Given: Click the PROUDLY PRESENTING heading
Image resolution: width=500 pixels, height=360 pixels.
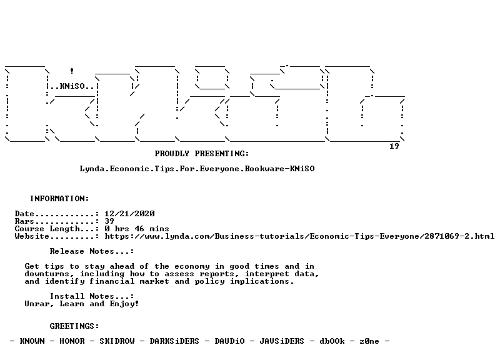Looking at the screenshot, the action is pos(202,154).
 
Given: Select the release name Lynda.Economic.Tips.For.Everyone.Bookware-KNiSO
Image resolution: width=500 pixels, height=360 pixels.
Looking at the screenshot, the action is pos(197,169).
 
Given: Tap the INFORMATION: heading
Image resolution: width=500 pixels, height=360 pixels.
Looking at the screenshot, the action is pos(59,199).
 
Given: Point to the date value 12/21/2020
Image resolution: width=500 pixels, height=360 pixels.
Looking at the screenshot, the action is pos(129,214).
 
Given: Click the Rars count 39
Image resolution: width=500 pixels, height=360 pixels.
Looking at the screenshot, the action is pos(109,221).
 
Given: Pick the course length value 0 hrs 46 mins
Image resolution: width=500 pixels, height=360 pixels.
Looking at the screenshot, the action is pos(137,229).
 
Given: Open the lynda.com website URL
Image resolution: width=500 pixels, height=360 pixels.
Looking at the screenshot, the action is pos(299,236).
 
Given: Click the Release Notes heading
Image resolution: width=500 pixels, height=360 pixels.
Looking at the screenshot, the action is pos(92,251).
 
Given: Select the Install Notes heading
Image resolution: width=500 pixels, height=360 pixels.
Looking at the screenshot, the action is pos(92,296).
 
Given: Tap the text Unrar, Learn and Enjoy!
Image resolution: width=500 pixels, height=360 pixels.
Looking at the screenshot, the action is pos(82,304).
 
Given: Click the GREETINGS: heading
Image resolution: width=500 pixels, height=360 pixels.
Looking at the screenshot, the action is pos(74,326).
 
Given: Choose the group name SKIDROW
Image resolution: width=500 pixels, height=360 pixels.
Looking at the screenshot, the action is pos(117,341).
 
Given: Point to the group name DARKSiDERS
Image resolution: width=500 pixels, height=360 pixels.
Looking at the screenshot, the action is pos(174,341).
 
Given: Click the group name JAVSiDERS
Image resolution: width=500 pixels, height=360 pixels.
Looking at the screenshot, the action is pos(282,341).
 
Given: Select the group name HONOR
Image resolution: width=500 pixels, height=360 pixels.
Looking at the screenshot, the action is pos(72,341).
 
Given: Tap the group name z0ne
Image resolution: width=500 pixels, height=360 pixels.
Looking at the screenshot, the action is pos(369,341).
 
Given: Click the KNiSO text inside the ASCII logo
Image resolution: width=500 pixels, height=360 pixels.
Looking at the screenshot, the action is pos(72,86).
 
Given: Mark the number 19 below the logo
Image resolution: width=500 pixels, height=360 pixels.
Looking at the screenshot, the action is pos(394,146).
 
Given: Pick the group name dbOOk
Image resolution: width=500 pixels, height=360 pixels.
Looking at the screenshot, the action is pos(332,341).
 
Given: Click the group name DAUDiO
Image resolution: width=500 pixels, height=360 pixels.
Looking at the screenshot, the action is pos(229,341).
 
